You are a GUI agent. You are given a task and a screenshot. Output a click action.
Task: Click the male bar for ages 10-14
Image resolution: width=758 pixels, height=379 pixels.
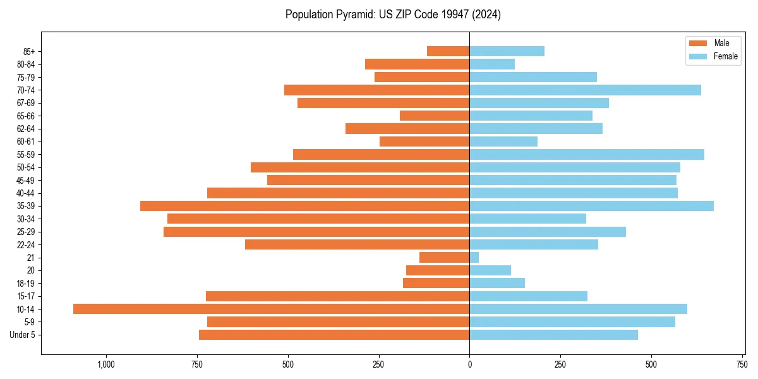(x=271, y=309)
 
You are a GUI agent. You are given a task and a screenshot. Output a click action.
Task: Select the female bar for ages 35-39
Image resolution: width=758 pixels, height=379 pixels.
(x=591, y=206)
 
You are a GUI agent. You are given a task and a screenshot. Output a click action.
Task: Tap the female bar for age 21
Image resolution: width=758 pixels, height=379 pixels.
(x=474, y=258)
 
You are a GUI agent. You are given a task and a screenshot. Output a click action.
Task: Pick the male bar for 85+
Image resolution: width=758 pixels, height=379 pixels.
(x=448, y=51)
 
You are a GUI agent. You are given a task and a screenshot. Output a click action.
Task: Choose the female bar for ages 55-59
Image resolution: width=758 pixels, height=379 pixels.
(x=587, y=154)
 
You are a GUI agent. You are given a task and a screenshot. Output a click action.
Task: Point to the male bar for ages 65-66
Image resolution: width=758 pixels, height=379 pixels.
(x=435, y=116)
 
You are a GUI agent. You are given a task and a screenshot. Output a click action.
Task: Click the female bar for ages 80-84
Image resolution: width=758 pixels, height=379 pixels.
(x=492, y=64)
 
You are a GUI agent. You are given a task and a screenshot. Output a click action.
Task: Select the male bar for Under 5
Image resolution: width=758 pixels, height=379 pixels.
(x=334, y=335)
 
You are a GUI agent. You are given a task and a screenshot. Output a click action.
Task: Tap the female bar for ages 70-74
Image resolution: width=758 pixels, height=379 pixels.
(x=585, y=90)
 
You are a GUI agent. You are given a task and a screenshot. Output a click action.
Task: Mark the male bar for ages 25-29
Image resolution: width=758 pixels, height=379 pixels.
(x=316, y=232)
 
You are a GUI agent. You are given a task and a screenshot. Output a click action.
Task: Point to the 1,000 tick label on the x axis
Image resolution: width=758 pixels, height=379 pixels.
(x=105, y=364)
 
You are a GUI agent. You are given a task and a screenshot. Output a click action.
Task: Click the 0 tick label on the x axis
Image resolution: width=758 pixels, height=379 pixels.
(x=469, y=364)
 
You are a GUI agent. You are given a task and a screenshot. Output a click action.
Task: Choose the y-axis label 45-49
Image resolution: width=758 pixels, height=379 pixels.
(x=25, y=180)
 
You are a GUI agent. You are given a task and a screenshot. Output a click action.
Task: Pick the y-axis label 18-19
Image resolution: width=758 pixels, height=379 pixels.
(x=25, y=284)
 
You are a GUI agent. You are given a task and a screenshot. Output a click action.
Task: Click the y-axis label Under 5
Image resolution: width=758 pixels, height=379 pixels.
(x=22, y=335)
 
